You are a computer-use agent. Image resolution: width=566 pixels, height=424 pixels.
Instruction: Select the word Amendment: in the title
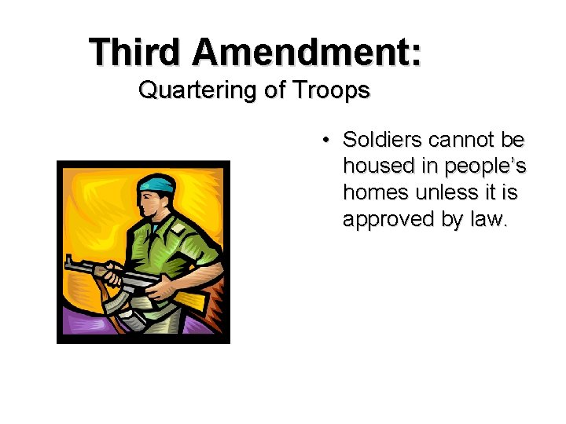(306, 53)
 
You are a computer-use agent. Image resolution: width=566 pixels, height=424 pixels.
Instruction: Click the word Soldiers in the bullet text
(382, 141)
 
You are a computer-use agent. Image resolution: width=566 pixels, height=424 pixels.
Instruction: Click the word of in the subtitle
(274, 91)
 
